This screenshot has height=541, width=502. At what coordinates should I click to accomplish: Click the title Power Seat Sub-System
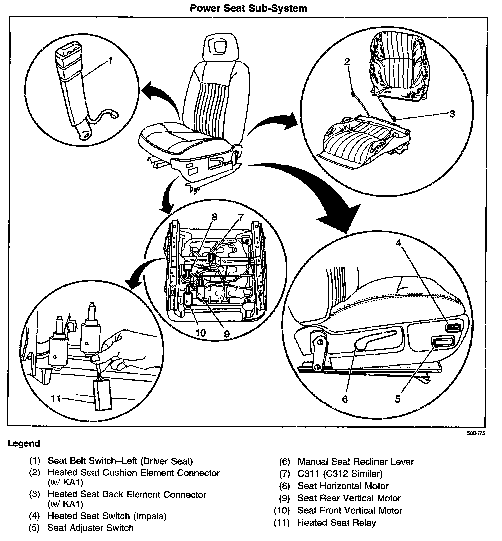(x=248, y=8)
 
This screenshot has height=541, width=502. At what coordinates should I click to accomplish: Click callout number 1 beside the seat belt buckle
(x=110, y=61)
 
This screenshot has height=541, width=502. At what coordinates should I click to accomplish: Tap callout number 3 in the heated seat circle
(x=452, y=114)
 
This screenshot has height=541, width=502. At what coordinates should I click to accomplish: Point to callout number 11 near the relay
(x=56, y=398)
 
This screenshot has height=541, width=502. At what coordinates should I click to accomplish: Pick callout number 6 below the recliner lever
(x=345, y=399)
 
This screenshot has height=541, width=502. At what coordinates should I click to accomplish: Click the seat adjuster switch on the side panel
(x=443, y=341)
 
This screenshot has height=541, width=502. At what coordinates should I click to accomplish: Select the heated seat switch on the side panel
(x=453, y=327)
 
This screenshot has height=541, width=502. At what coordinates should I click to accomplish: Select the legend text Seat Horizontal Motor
(x=343, y=486)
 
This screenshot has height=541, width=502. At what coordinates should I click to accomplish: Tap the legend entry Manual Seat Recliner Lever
(x=355, y=462)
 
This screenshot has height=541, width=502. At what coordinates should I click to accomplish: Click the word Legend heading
(x=24, y=444)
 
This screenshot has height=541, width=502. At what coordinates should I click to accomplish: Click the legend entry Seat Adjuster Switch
(x=90, y=528)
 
